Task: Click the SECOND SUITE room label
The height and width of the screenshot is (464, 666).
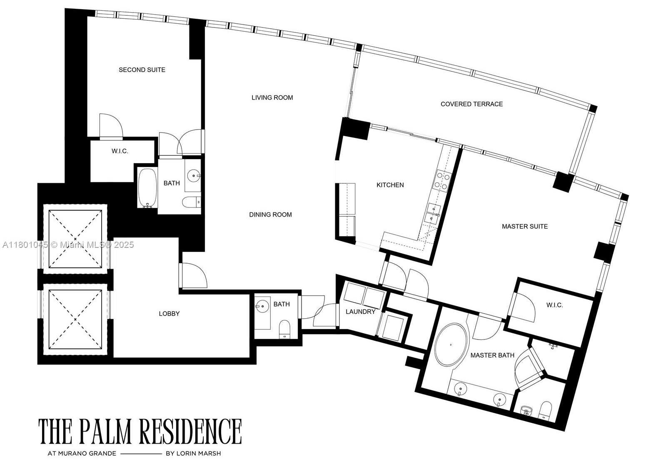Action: pos(142,70)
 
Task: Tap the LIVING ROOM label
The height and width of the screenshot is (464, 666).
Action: pos(272,97)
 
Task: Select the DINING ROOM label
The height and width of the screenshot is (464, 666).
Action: pos(270,215)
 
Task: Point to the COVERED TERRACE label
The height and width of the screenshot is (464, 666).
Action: pos(471,104)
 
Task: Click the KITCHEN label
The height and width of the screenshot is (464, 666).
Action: pos(390,185)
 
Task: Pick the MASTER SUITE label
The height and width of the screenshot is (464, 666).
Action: pos(524,227)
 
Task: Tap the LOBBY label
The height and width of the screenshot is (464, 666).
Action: pos(169,314)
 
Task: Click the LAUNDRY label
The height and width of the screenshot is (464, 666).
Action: pos(360,312)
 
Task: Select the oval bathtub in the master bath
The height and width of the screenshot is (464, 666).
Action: pos(451,345)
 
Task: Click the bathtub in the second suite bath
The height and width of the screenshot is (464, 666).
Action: pos(147,187)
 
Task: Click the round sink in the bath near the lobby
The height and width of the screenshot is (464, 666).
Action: pos(262,307)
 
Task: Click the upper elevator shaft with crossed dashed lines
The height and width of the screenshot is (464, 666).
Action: pos(75,239)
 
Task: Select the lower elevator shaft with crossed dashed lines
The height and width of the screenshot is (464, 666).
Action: pos(75,319)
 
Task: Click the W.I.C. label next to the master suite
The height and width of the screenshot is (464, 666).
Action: pos(554,305)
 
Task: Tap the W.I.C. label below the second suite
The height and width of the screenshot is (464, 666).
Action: pos(120,151)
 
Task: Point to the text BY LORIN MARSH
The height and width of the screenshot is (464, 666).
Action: pos(193,453)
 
